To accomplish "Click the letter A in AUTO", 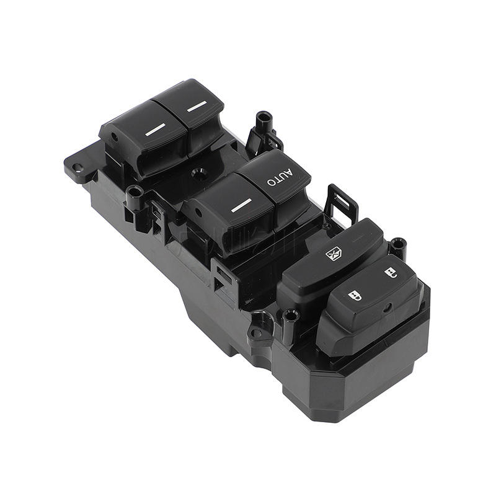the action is click(288, 172).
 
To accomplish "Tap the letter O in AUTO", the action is click(272, 182).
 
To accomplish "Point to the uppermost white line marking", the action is click(197, 107).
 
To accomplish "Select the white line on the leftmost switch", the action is click(155, 130).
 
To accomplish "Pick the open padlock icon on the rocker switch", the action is click(391, 273).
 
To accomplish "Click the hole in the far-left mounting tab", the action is click(77, 167).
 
